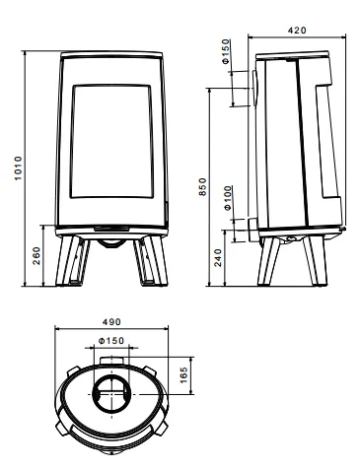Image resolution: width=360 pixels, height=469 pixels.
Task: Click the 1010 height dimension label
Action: tap(18, 168)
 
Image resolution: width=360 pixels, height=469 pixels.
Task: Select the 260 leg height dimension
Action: tap(36, 255)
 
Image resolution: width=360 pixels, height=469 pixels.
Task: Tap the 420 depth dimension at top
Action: tap(297, 31)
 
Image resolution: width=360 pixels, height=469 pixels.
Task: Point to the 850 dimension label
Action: tap(203, 187)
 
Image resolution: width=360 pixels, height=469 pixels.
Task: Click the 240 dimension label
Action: tap(218, 257)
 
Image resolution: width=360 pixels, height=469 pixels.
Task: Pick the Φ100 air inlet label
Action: tap(228, 198)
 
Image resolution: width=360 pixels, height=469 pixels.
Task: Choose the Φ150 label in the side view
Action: tap(226, 51)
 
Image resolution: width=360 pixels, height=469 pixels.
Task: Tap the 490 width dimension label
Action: tap(111, 322)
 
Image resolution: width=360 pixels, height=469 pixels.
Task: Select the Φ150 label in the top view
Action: tap(111, 341)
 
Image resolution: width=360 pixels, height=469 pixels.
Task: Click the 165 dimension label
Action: tap(183, 375)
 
